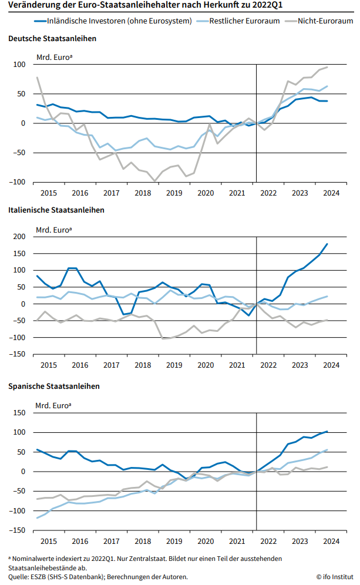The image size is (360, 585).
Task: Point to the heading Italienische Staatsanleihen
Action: point(56,210)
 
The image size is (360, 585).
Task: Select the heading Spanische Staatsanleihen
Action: point(53,386)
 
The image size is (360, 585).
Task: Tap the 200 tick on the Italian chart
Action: point(20,237)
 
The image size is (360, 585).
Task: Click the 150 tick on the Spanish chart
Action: point(20,413)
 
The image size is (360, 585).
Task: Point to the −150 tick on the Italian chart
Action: point(18,354)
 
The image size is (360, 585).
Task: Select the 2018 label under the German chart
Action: point(143,193)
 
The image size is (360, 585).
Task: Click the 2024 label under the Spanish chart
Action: point(331,541)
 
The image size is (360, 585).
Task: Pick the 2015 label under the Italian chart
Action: point(48,365)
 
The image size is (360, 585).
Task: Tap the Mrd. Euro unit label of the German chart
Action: point(55,57)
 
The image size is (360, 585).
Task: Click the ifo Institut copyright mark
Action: point(335,577)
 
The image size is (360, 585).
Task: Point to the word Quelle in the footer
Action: point(19,577)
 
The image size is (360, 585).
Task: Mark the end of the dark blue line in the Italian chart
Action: point(327,244)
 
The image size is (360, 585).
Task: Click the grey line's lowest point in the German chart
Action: point(155,181)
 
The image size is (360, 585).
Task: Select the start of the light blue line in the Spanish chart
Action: point(37,518)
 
